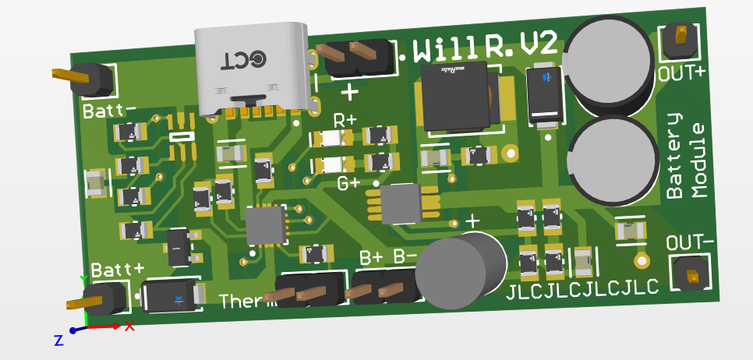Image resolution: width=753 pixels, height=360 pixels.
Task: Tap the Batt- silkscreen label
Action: pyautogui.click(x=109, y=109)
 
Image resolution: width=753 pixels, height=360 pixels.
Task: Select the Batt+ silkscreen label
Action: pyautogui.click(x=118, y=270)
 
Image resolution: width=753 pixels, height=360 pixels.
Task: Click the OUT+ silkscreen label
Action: pyautogui.click(x=682, y=73)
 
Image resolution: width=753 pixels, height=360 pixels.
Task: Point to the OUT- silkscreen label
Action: pyautogui.click(x=691, y=242)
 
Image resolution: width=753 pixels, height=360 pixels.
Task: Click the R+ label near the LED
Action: pyautogui.click(x=345, y=121)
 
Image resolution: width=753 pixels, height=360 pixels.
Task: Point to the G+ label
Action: pyautogui.click(x=348, y=184)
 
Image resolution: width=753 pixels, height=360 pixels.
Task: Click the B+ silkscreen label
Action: pyautogui.click(x=371, y=256)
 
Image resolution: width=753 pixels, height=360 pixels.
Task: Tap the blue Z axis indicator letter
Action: pyautogui.click(x=58, y=340)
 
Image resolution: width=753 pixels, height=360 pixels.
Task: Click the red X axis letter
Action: pyautogui.click(x=129, y=326)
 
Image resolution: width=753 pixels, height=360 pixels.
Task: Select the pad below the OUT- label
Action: pyautogui.click(x=691, y=276)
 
